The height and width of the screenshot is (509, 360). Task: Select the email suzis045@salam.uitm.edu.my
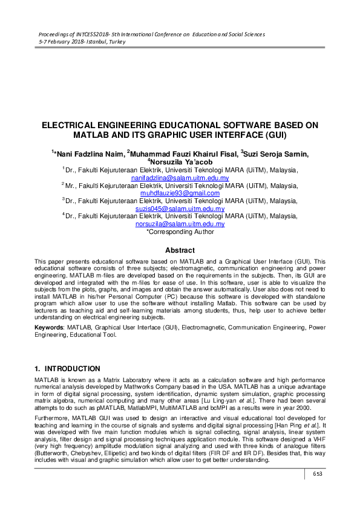(180, 209)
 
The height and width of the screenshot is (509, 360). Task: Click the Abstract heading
(180, 250)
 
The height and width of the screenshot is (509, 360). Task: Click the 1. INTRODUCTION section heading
(67, 368)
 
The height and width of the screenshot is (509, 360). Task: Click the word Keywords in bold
(49, 327)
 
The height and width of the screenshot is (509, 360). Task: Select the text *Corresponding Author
(180, 231)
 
